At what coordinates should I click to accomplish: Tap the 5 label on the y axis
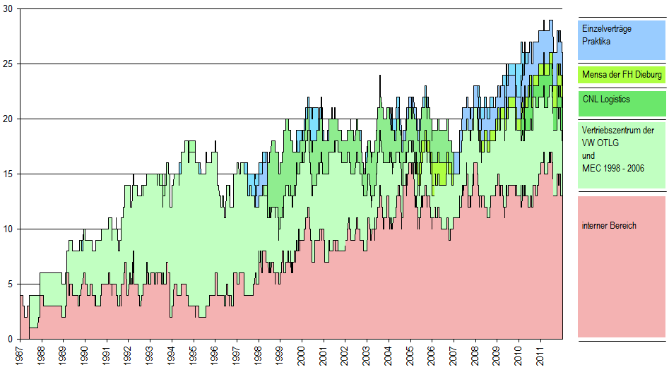coord(10,284)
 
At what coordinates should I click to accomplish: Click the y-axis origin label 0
coord(10,339)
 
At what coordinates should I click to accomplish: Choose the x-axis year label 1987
coord(20,356)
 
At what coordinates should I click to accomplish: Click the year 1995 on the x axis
coord(194,356)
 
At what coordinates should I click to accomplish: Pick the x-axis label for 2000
coord(302,356)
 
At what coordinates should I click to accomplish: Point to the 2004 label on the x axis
coord(389,356)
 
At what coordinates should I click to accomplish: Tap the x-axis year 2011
coord(540,356)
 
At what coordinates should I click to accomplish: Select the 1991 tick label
coord(107,356)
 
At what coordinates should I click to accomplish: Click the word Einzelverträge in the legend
coord(606,29)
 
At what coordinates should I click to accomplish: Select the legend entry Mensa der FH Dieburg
coord(622,73)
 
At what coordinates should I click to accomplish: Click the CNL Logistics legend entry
coord(606,100)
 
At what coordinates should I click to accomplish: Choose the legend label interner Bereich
coord(609,226)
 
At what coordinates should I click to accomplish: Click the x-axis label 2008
coord(475,356)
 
